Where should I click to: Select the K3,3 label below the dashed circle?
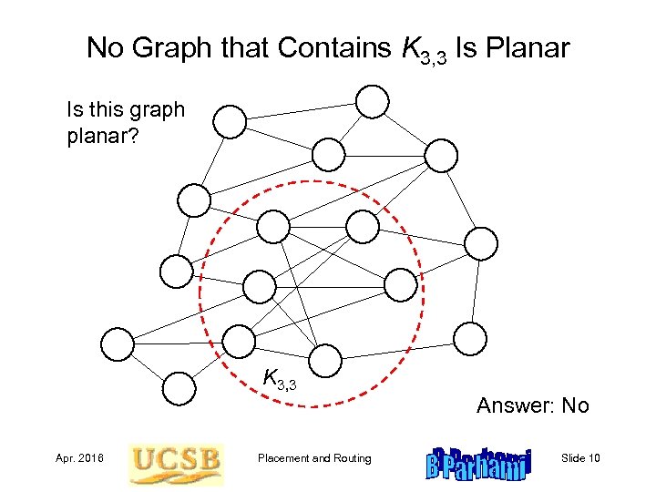279,378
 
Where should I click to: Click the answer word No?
576,405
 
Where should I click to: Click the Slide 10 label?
581,458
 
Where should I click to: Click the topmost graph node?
372,101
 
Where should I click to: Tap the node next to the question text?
230,120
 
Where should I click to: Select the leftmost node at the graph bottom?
116,343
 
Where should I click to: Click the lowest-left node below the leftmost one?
179,388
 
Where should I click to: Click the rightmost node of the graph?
481,243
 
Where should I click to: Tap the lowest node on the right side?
470,338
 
